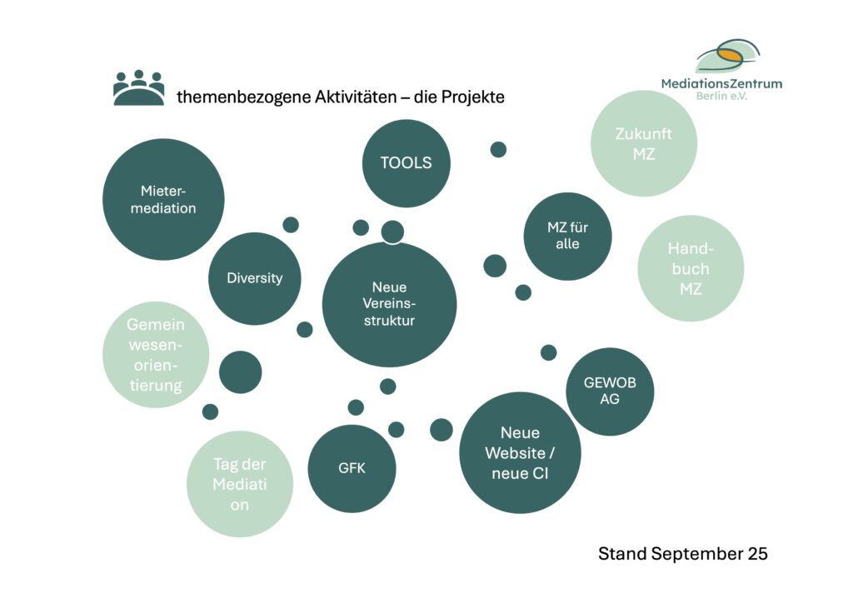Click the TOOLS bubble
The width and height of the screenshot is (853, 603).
coord(407,163)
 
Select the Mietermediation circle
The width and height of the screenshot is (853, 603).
coord(163,199)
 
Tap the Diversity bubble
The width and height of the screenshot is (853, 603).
coord(254,278)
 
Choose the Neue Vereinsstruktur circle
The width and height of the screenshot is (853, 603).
coord(389,304)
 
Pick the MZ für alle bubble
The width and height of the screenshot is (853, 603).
coord(567,236)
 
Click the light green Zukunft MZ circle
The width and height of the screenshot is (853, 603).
coord(643,143)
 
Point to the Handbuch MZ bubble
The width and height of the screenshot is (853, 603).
coord(691,268)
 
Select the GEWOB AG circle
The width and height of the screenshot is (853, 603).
coord(609,391)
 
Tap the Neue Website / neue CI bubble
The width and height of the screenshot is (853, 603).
coord(520,453)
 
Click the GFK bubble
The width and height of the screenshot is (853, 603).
coord(352,468)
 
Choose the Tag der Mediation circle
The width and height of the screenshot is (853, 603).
coord(240,484)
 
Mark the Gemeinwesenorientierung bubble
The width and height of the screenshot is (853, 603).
coord(156,355)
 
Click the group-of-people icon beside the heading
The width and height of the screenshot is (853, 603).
coord(138,87)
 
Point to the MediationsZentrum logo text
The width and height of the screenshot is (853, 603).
coord(721,83)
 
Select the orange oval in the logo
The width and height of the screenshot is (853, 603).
coord(730,55)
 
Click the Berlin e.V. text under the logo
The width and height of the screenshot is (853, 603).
coord(721,97)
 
